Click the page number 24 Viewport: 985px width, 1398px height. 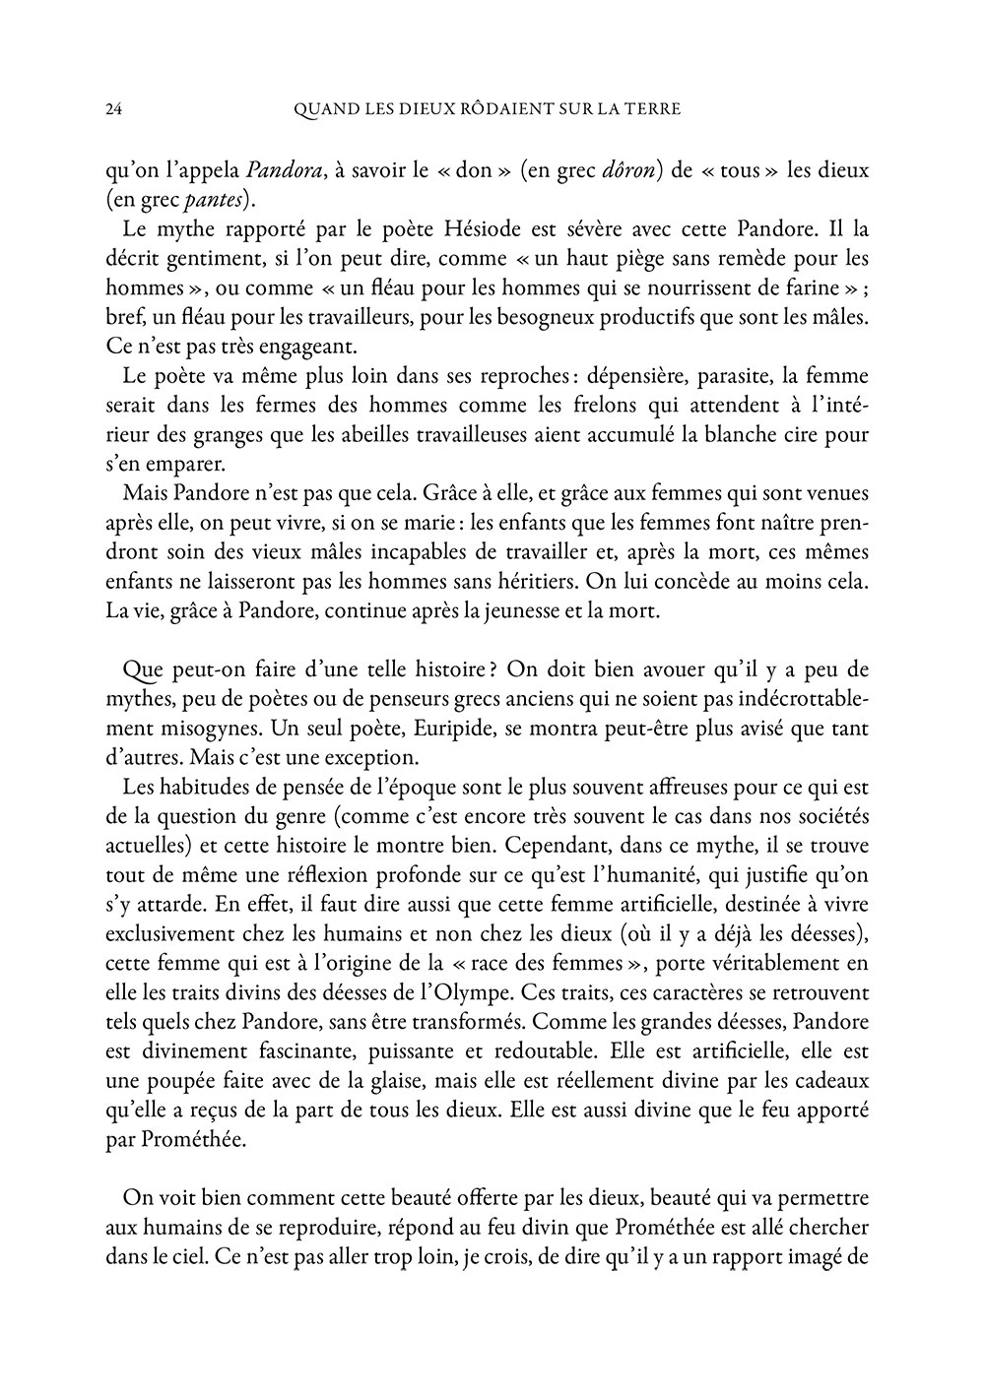click(113, 109)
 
